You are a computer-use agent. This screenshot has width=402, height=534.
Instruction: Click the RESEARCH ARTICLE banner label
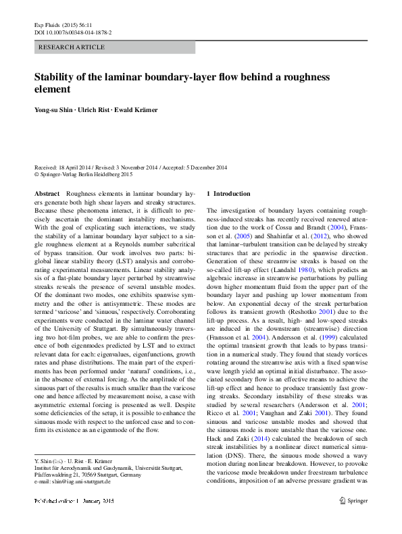[x=72, y=47]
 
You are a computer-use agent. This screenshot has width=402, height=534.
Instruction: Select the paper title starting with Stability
[x=182, y=82]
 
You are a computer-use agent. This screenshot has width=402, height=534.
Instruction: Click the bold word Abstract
[x=47, y=194]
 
